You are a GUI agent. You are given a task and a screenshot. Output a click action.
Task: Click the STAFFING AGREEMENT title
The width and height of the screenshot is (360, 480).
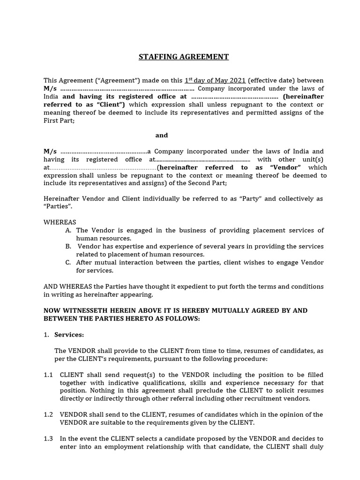pyautogui.click(x=184, y=57)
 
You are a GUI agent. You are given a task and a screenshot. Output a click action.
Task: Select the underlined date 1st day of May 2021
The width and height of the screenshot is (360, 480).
pyautogui.click(x=215, y=81)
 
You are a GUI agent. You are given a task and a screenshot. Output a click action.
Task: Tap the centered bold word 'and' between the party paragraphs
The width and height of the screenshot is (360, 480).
pyautogui.click(x=162, y=135)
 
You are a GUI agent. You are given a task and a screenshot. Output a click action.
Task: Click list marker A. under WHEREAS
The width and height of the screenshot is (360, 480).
pyautogui.click(x=68, y=230)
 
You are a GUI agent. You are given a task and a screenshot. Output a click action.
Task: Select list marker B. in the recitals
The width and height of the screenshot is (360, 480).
pyautogui.click(x=68, y=246)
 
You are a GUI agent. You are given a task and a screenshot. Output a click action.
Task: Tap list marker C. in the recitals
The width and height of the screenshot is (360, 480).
pyautogui.click(x=68, y=262)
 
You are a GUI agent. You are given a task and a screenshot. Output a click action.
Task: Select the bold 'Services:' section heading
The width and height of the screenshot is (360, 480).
pyautogui.click(x=69, y=335)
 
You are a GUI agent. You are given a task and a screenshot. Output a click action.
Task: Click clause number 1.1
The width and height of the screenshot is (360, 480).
pyautogui.click(x=49, y=375)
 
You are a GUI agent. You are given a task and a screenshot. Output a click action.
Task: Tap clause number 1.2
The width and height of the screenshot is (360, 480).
pyautogui.click(x=49, y=414)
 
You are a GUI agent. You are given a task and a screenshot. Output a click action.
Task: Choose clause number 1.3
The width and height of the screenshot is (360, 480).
pyautogui.click(x=49, y=438)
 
